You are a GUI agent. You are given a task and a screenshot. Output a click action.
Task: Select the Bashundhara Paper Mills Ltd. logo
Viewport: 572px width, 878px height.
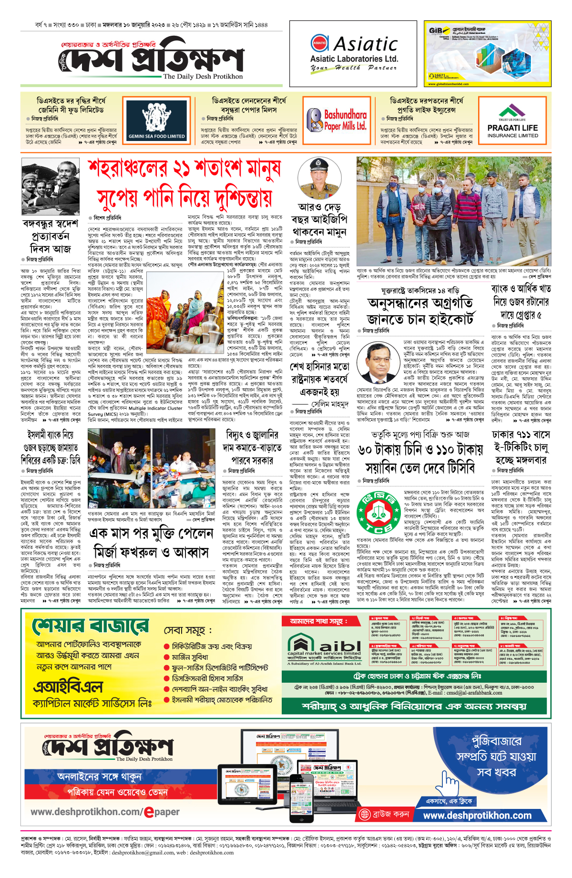(337, 120)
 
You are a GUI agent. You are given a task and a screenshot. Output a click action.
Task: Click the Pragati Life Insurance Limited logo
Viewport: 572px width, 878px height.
(512, 121)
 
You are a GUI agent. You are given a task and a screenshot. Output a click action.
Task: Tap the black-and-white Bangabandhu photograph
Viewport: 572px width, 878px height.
(51, 187)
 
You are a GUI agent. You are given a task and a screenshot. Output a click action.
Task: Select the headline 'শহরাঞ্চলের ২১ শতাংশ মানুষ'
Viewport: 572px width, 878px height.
(184, 169)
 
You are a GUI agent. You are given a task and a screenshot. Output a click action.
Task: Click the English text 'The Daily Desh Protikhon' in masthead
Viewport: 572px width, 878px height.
(203, 76)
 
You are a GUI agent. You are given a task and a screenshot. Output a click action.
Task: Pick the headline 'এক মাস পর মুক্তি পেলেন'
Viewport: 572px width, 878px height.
(151, 533)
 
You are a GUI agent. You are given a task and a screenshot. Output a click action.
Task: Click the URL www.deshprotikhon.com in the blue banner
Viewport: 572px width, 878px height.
(477, 815)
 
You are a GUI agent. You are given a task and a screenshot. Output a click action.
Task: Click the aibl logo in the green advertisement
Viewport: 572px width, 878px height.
(324, 646)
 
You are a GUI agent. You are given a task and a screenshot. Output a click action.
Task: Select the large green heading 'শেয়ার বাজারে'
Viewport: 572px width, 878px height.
(91, 626)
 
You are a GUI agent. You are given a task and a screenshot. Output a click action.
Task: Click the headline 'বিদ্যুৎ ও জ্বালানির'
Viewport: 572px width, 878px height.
(252, 435)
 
